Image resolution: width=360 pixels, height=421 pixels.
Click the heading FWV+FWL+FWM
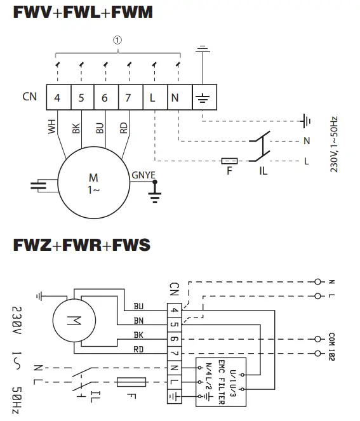[83, 12]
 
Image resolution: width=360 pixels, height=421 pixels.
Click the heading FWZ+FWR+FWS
[82, 244]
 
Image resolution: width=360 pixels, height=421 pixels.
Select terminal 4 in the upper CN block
[57, 98]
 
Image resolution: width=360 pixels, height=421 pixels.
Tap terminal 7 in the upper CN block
[130, 98]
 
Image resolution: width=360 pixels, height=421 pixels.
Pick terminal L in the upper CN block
[154, 98]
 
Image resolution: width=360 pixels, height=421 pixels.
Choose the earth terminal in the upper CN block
[203, 98]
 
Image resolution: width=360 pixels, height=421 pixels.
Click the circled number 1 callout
[117, 39]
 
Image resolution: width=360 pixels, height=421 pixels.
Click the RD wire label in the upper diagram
[124, 128]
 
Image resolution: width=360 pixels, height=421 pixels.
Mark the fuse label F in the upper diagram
[230, 171]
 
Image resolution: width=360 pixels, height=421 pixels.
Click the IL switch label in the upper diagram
[262, 171]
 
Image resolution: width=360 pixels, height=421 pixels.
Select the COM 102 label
[332, 345]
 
